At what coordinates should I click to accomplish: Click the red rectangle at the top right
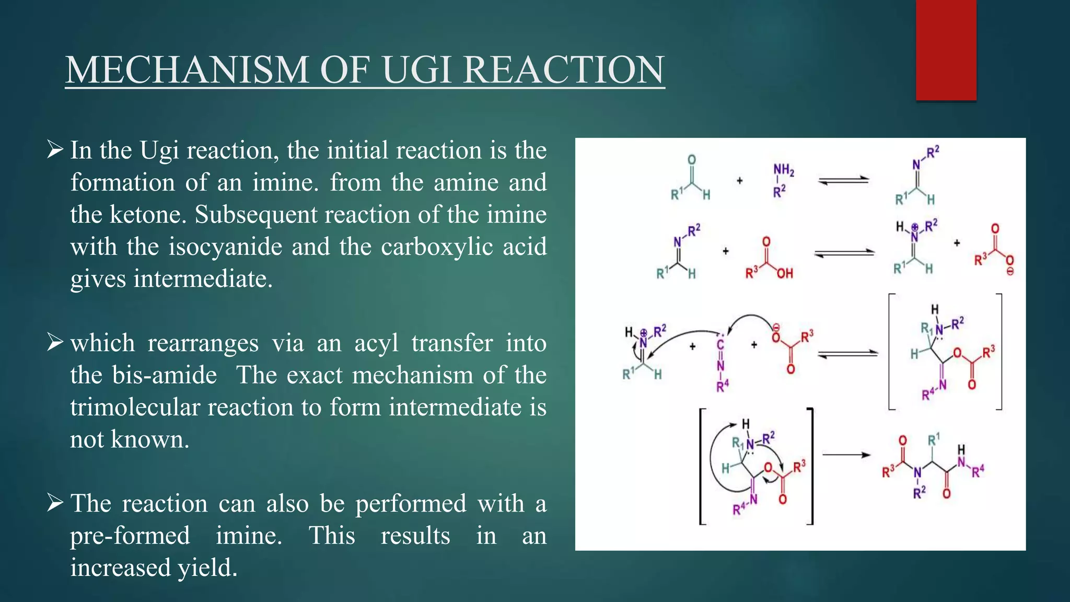(946, 50)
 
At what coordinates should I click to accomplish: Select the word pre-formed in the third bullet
(130, 536)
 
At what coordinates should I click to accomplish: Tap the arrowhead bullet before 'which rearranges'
(55, 342)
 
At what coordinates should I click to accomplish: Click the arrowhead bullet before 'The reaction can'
(55, 503)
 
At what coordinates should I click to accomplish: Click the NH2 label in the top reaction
(784, 170)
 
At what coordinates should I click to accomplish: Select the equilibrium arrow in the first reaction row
(843, 180)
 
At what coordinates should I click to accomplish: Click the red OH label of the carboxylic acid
(784, 273)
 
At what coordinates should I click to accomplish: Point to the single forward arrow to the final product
(846, 455)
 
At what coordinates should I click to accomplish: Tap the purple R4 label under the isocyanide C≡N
(722, 387)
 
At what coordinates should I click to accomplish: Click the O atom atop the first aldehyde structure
(692, 160)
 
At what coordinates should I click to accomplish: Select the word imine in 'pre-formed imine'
(249, 536)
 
